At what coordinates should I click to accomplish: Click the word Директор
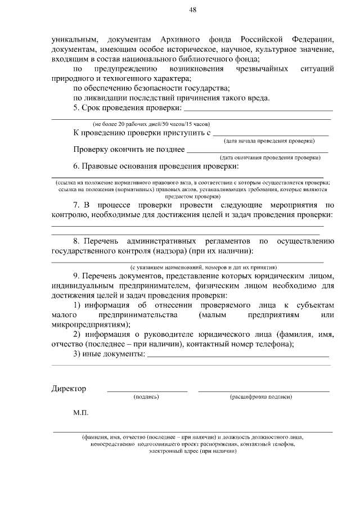tap(69, 389)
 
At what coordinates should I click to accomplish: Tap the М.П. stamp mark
tap(80, 413)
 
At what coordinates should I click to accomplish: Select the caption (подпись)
tap(146, 397)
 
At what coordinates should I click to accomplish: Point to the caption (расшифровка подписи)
tap(261, 397)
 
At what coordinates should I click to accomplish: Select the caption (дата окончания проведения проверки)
tap(271, 157)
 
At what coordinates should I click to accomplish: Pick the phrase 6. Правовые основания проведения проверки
tap(156, 166)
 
